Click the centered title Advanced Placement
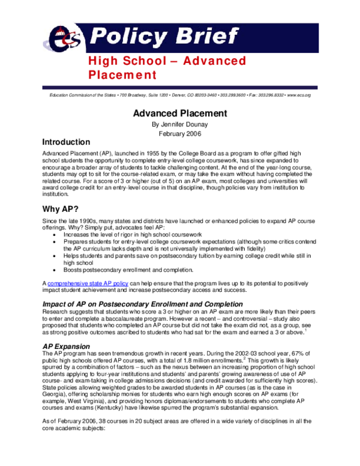179,113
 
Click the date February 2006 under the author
179,133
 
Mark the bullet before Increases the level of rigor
56,234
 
